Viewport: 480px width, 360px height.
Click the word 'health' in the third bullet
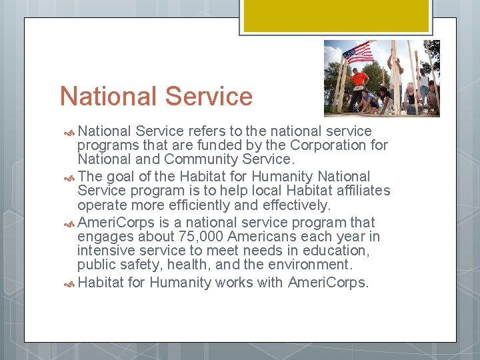tap(193, 265)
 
